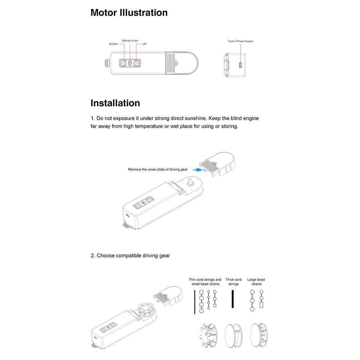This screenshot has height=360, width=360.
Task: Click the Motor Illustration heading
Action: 129,13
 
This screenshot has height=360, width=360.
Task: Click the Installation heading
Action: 115,103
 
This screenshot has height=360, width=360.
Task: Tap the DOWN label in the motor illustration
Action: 113,44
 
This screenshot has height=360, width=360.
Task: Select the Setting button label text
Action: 130,41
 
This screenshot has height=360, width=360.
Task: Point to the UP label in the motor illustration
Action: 144,44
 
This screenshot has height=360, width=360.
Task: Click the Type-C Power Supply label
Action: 240,41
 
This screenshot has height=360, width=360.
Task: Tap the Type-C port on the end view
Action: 240,65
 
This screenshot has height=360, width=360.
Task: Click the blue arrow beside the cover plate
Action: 196,169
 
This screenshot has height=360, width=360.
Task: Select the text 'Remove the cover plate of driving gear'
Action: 158,169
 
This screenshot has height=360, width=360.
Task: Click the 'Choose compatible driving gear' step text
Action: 130,256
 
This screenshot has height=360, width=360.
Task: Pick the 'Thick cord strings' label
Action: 233,282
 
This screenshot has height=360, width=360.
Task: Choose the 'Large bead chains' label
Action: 256,282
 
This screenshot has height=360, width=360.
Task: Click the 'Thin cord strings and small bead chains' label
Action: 205,282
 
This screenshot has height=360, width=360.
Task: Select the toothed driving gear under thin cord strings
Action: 208,334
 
